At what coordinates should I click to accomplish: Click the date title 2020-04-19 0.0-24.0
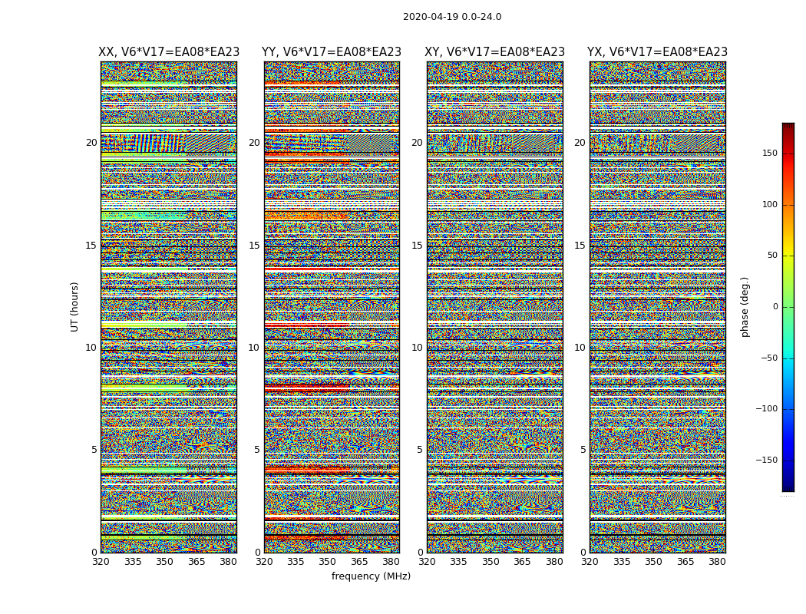(452, 17)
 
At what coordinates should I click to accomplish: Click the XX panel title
(169, 52)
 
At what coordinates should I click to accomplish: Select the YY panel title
(332, 52)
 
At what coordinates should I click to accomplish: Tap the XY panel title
(495, 52)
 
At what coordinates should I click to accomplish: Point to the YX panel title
(657, 52)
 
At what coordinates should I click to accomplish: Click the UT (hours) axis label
(74, 306)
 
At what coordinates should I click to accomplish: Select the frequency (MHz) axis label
(371, 576)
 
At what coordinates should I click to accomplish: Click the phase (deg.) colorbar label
(745, 306)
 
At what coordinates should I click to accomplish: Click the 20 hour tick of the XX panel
(91, 143)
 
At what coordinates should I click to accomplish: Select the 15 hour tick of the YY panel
(254, 246)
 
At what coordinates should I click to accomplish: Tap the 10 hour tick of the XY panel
(417, 348)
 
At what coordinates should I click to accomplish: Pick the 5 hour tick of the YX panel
(583, 450)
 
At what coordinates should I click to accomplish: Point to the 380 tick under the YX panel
(717, 562)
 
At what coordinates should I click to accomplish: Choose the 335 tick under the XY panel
(458, 562)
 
